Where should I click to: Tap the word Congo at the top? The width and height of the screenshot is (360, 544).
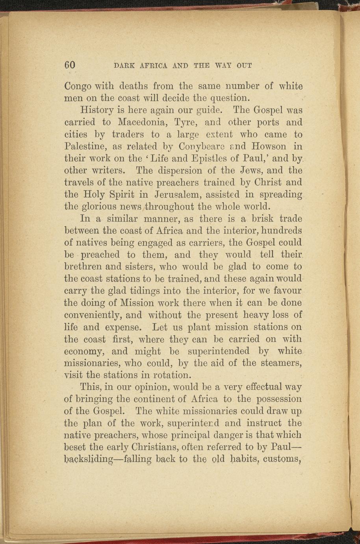78,86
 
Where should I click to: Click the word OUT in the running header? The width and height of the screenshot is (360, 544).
244,65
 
